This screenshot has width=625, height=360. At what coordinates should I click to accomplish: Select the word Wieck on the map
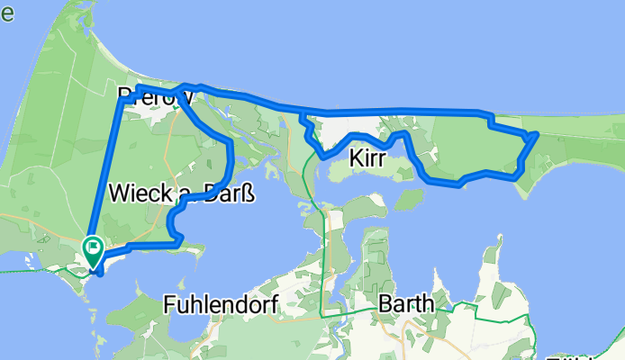point(136,192)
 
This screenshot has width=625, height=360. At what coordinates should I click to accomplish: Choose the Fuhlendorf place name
point(221,305)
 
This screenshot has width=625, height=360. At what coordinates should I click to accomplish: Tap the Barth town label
point(405,304)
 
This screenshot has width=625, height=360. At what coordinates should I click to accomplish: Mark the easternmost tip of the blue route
point(537,134)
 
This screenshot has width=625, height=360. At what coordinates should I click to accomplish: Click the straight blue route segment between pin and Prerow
point(108,171)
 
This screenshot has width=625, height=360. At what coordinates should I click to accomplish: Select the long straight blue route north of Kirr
point(396,112)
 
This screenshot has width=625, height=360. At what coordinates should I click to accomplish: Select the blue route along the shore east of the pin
point(149,245)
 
